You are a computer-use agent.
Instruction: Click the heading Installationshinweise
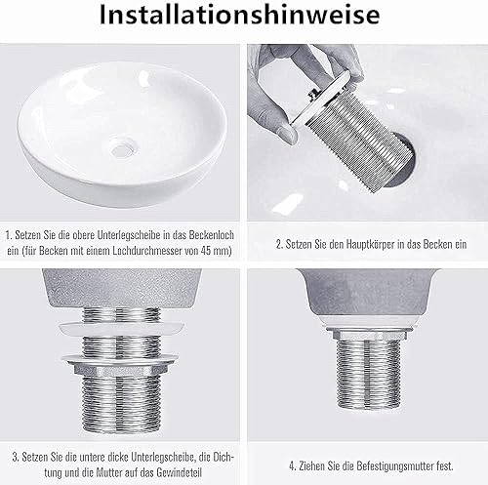pyautogui.click(x=239, y=15)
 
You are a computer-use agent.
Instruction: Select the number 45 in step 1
pyautogui.click(x=207, y=251)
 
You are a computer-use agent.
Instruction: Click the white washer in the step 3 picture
pyautogui.click(x=119, y=329)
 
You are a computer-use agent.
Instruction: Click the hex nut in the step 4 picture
pyautogui.click(x=369, y=334)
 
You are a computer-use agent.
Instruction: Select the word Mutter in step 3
pyautogui.click(x=108, y=472)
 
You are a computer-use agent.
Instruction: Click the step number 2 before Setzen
pyautogui.click(x=279, y=244)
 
